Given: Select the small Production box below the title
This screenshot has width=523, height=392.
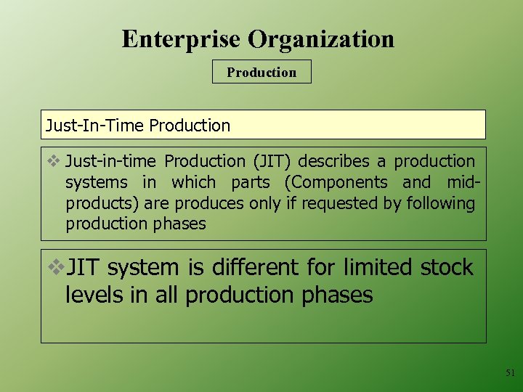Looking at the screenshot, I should click(x=261, y=72).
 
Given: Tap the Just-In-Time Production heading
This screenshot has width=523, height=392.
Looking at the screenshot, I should click(x=138, y=125).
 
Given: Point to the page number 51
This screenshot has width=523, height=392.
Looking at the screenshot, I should click(x=510, y=373).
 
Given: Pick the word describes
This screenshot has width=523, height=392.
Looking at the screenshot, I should click(x=333, y=162).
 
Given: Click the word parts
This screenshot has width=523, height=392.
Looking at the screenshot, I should click(x=251, y=183).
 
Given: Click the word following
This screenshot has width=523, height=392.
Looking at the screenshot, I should click(x=440, y=203).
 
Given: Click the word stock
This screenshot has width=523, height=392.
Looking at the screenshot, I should click(x=447, y=268).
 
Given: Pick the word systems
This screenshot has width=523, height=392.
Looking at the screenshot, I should click(x=97, y=183).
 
